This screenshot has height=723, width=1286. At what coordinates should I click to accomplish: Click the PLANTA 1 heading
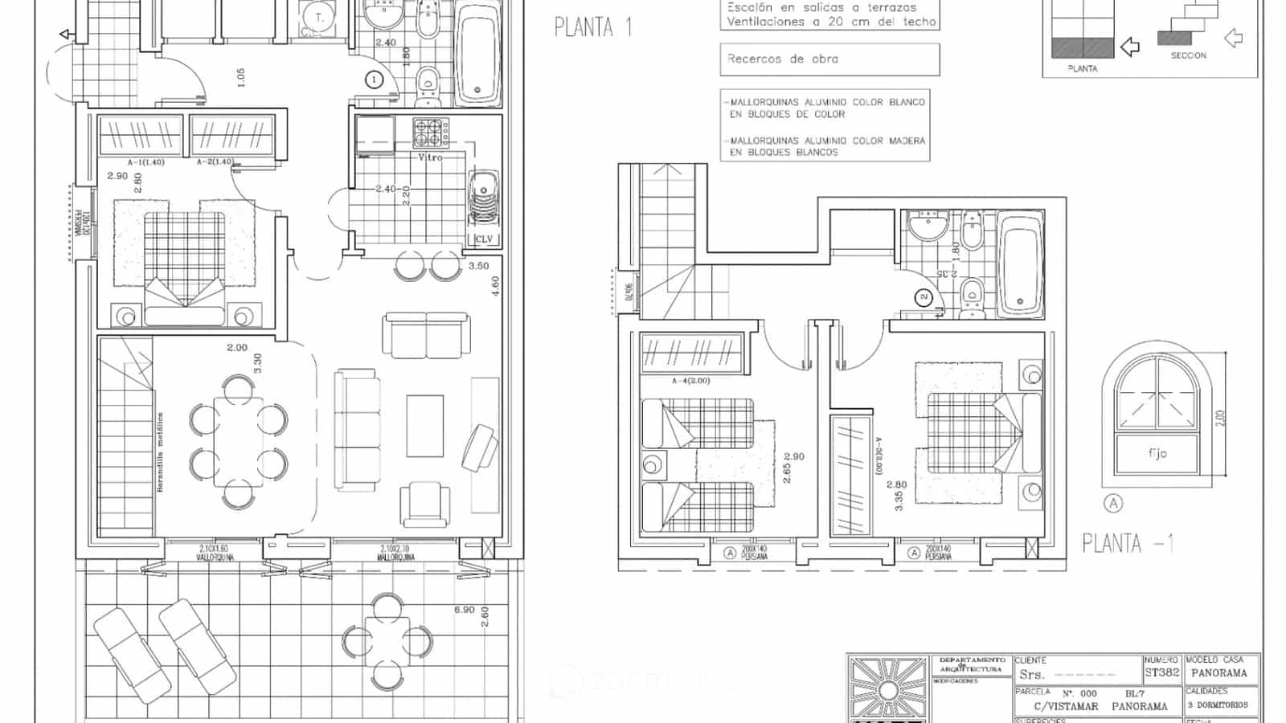coord(593,27)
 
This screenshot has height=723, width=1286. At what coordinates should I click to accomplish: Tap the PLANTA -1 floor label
coord(1128,544)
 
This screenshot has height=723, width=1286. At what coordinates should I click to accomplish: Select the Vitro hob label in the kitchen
coord(430,157)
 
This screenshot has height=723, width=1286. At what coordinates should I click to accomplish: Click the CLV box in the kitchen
coord(484,239)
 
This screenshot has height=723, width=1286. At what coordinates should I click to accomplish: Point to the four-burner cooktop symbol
coord(428,132)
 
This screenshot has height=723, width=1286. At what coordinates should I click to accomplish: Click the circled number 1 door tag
coord(374,80)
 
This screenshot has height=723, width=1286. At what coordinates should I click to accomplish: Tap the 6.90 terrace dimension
coord(464,610)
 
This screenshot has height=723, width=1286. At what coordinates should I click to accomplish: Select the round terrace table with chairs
coord(387,641)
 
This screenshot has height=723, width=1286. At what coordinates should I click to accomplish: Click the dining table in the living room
coord(239,442)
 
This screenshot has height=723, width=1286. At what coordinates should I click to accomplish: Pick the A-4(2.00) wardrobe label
coord(689,380)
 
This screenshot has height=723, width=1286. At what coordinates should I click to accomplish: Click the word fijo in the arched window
coord(1157,454)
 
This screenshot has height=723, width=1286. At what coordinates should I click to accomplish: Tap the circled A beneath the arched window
coord(1113,504)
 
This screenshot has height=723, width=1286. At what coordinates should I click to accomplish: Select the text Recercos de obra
coord(782,59)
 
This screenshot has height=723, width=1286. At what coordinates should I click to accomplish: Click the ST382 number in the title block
coord(1161,673)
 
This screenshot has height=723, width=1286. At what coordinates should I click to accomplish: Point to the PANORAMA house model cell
coord(1218,673)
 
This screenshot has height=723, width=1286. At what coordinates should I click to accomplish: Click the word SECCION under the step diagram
coord(1188,55)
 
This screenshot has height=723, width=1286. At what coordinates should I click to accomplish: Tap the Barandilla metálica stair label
coord(160,452)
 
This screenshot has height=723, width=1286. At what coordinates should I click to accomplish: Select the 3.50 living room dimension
coord(478,266)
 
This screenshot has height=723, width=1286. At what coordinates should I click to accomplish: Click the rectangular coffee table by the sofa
coord(425,426)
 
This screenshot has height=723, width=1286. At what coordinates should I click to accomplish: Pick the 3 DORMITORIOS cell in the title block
coord(1218,705)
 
